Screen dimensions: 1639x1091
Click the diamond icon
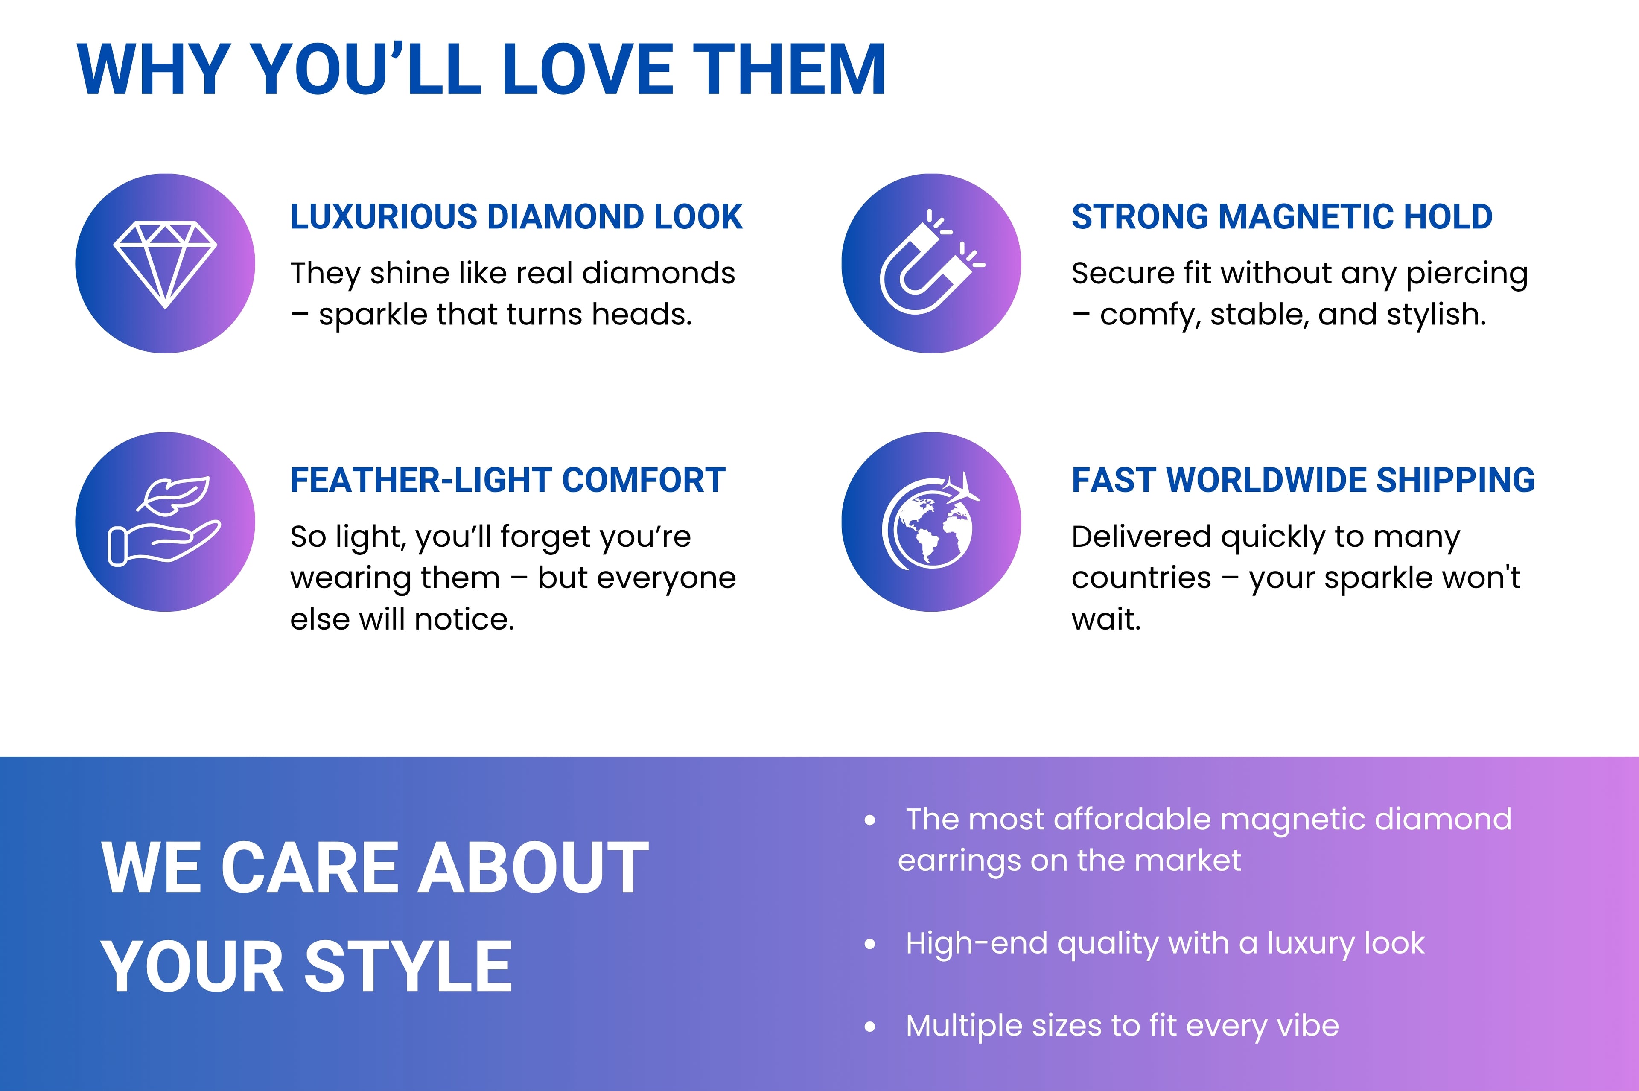165,264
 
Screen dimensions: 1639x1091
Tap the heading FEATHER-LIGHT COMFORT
508,480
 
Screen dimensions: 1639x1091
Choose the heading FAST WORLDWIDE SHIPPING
1303,480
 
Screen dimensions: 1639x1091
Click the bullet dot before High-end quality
869,944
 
